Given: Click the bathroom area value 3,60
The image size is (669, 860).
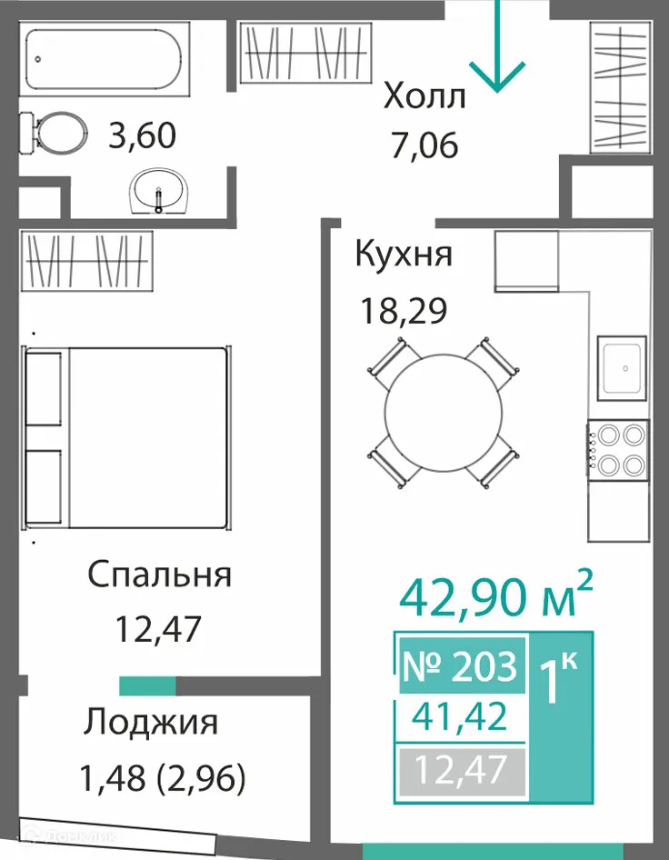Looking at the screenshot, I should point(141,138).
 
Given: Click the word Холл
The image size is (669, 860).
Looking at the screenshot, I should point(424,95).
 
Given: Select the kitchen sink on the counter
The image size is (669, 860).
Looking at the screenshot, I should point(623,368).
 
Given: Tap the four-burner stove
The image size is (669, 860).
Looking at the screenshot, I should point(619,449).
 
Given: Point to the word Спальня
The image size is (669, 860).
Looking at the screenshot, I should point(160,575).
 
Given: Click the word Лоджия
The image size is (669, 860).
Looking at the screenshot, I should point(151,723).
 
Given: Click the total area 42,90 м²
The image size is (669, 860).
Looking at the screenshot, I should point(497,595).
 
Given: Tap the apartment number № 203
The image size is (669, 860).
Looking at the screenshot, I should point(460,666).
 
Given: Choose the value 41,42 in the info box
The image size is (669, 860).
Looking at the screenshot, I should point(459,720).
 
